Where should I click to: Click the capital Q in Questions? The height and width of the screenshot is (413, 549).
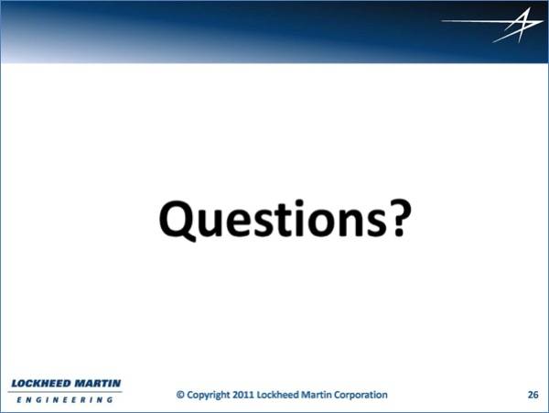coord(178,220)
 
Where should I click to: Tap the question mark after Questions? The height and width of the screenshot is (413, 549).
coord(398,218)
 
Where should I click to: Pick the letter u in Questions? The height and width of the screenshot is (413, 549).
coord(210,223)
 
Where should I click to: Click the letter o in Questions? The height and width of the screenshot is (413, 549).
coord(322,223)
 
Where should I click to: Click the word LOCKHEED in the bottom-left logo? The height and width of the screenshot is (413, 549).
coord(41,383)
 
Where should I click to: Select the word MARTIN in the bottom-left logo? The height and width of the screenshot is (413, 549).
coord(98,383)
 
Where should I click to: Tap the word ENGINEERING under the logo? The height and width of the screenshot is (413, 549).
coord(65,399)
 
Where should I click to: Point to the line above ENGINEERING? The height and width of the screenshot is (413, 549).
coord(65,392)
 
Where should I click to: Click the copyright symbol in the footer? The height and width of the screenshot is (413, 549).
coord(180,395)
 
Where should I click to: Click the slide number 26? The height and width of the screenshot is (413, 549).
coord(533,395)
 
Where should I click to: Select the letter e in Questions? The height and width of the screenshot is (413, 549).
coord(239,223)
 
